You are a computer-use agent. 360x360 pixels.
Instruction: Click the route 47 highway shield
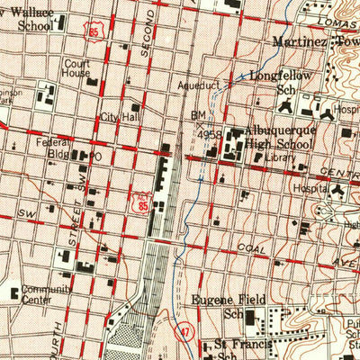tap(183, 331)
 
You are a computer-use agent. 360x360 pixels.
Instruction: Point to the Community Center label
tap(46, 295)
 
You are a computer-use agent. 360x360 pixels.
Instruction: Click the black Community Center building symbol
tap(13, 292)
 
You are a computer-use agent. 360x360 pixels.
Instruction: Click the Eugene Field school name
tap(225, 300)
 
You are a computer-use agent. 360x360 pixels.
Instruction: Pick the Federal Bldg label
tap(50, 148)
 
